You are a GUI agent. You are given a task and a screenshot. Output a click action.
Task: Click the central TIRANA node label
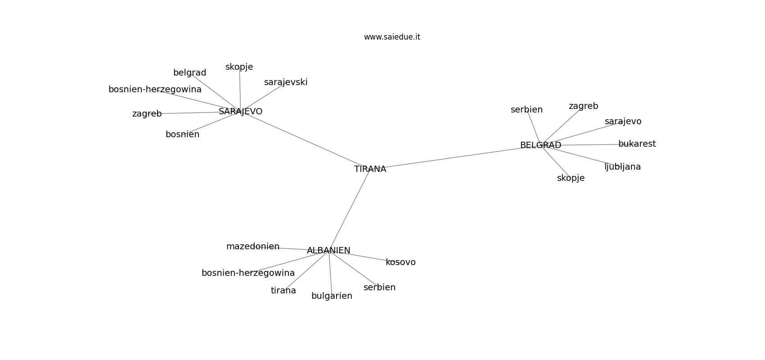coord(370,169)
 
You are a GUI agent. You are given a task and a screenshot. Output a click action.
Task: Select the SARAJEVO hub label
coord(240,111)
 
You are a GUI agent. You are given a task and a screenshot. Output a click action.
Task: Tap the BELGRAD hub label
coord(540,145)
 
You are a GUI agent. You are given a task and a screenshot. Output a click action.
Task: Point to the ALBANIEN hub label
coord(328,250)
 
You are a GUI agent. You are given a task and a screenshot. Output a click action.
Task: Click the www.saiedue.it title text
coord(392,37)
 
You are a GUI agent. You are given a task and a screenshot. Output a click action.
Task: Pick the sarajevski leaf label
coord(286,82)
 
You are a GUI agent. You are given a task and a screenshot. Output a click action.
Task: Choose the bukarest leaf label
coord(637,144)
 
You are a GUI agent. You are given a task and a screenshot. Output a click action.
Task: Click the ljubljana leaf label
coord(623,167)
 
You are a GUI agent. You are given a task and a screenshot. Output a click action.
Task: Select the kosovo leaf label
coord(400,262)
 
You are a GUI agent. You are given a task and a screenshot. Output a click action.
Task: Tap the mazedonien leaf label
coord(253,246)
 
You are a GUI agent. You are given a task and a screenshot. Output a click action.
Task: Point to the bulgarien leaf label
coord(332,296)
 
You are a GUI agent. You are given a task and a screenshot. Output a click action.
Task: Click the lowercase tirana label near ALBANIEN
coord(283,291)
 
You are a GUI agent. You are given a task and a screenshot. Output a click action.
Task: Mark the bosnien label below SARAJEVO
coord(182,135)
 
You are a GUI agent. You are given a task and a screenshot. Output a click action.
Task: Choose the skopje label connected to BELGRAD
coord(571,178)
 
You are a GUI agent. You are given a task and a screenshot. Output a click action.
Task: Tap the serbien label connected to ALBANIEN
coord(379,288)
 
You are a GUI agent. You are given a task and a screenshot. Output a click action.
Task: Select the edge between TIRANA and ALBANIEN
coord(349,210)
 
